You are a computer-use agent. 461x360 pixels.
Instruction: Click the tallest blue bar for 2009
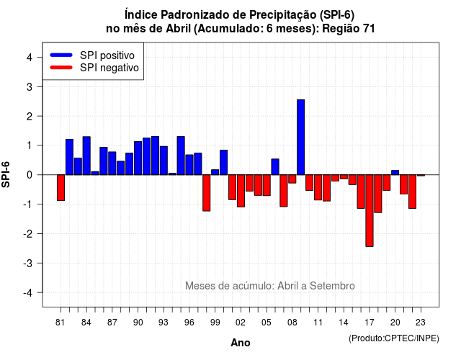(x=301, y=138)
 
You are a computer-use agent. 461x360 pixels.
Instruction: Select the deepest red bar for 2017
(x=370, y=210)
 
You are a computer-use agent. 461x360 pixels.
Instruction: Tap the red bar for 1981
(x=61, y=187)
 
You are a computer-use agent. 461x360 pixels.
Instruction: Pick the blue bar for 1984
(x=86, y=156)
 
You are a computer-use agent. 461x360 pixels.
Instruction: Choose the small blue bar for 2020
(x=395, y=173)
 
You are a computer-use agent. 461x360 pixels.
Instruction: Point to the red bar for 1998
(x=207, y=193)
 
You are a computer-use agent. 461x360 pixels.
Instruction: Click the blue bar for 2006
(x=275, y=167)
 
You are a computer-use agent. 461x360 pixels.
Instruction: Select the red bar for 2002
(x=241, y=191)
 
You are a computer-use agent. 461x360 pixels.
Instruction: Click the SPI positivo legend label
(x=107, y=55)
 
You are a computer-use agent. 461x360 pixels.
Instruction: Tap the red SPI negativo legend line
(x=61, y=68)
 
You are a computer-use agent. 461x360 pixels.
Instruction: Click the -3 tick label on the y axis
(x=27, y=263)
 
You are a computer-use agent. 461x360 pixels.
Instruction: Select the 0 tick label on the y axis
(x=30, y=175)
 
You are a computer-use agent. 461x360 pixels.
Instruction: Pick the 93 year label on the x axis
(x=164, y=323)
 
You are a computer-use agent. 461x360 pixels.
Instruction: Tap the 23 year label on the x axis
(x=421, y=323)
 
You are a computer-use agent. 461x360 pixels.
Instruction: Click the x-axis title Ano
(x=241, y=343)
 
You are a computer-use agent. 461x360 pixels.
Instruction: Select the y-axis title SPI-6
(x=6, y=174)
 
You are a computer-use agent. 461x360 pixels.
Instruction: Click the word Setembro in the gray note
(x=332, y=286)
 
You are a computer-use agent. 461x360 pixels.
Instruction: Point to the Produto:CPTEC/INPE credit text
(x=394, y=338)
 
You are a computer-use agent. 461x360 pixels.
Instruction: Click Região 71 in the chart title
(x=349, y=29)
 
